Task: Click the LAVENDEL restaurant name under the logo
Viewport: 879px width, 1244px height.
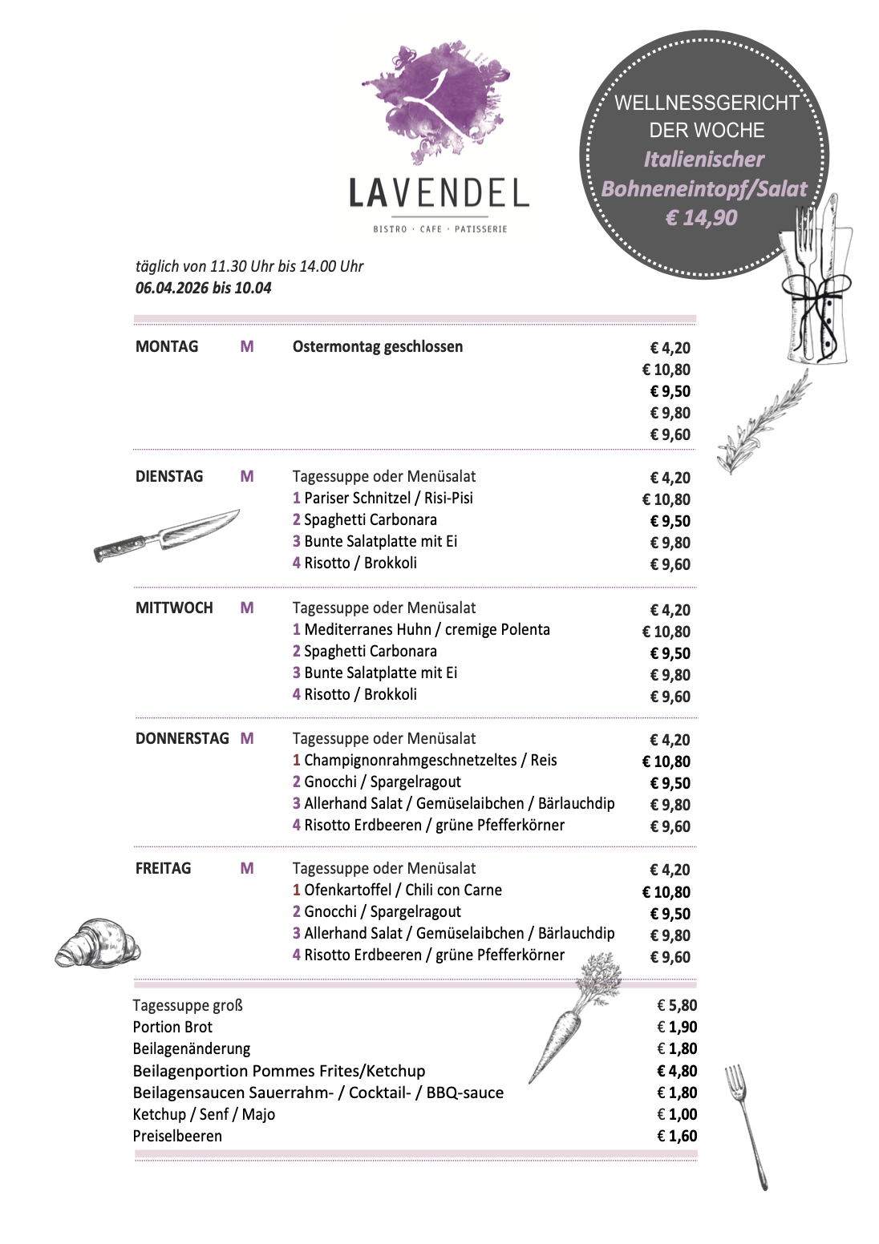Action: (x=439, y=194)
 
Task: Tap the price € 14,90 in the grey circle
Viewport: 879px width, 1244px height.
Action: (x=701, y=218)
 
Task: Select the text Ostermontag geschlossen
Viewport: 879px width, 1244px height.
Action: (x=378, y=347)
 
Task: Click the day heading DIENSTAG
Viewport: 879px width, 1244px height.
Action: (x=169, y=477)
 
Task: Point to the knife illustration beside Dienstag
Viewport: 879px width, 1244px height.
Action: (x=167, y=535)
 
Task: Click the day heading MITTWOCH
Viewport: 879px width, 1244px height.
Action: (x=174, y=608)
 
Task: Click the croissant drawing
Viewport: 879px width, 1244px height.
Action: (x=98, y=943)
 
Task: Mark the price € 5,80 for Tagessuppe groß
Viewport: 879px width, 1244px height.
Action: (x=677, y=1006)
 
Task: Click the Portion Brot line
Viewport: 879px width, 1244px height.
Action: (x=172, y=1028)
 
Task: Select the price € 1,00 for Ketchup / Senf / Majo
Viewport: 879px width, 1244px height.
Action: (x=677, y=1115)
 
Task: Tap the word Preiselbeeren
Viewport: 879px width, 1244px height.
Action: (x=177, y=1137)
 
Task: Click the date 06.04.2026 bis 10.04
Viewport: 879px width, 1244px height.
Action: (x=203, y=289)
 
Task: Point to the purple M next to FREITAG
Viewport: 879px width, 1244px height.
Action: (x=247, y=869)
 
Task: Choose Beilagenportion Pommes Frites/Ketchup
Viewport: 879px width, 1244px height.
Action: (x=279, y=1072)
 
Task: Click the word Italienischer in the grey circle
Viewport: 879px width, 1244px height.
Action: (x=703, y=160)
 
